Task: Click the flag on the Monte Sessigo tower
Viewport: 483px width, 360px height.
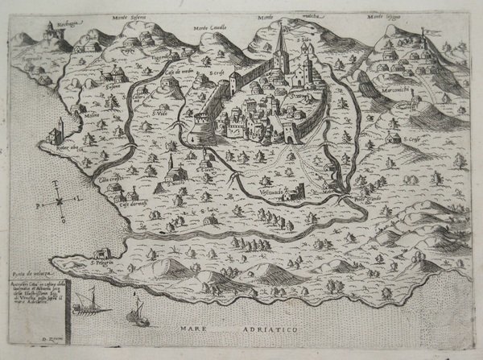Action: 426,33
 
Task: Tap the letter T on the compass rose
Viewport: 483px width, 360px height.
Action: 59,184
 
